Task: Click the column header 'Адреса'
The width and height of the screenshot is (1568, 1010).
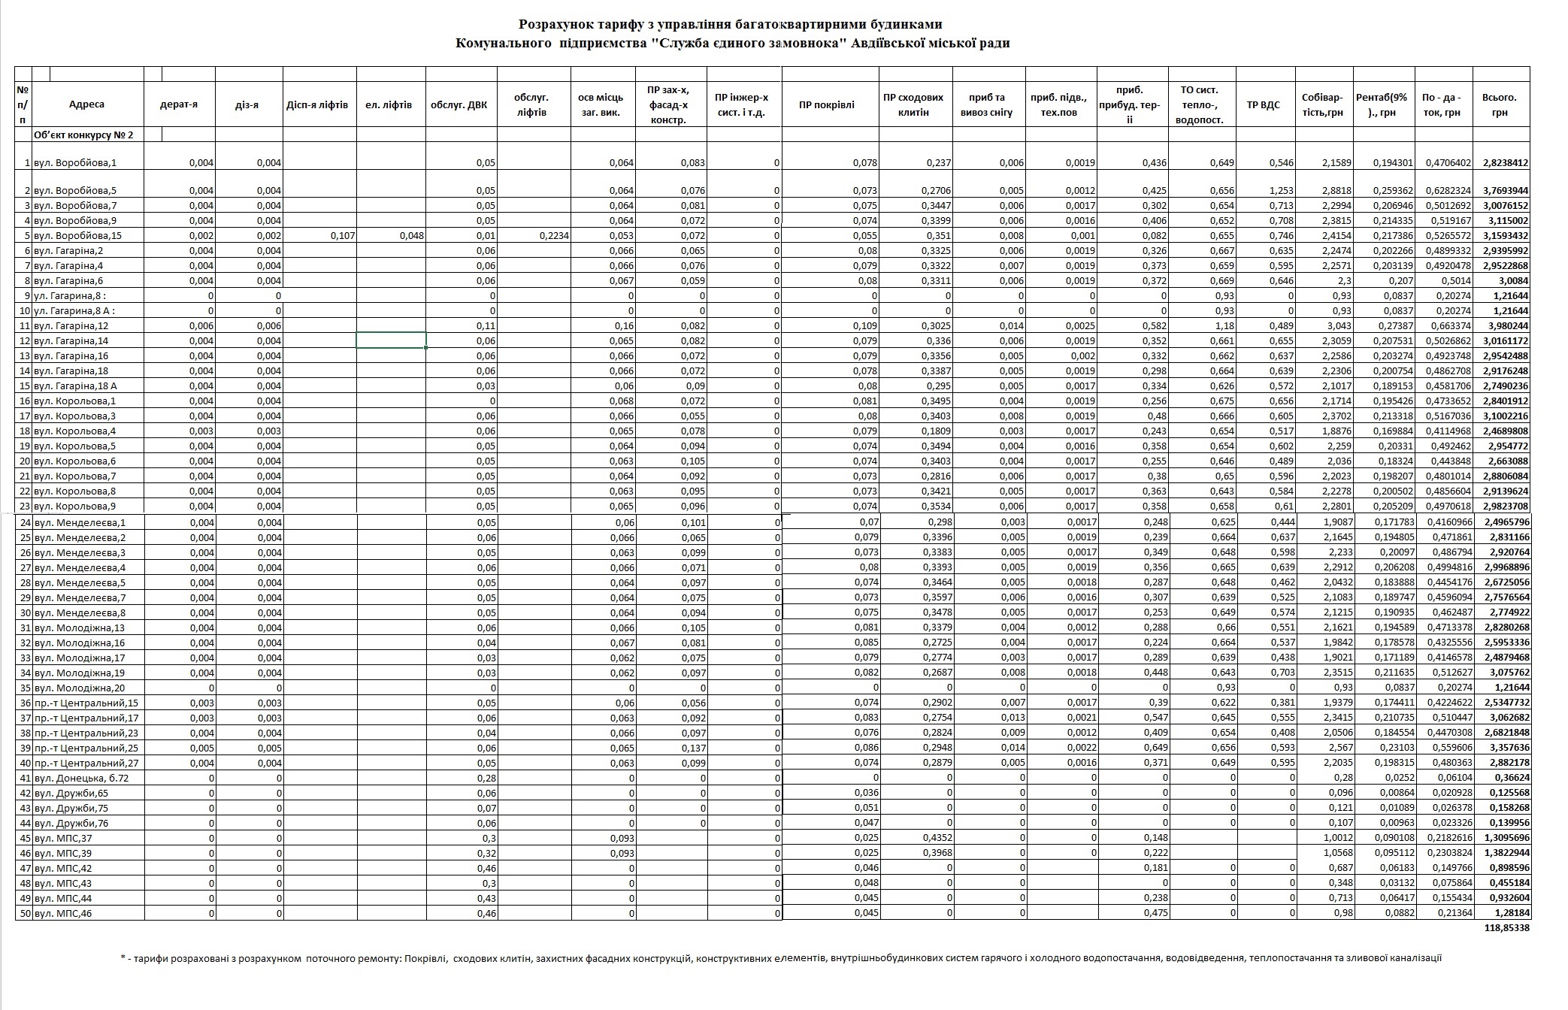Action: (86, 104)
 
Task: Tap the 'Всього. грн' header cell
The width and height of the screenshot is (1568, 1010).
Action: (1500, 104)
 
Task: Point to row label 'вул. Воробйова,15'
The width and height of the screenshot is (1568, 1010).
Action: (77, 235)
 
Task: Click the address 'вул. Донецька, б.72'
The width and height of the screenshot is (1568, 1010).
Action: (81, 778)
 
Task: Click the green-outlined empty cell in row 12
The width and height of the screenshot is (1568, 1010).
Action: (391, 340)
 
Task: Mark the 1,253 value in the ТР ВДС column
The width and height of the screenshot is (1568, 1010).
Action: (1280, 190)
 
